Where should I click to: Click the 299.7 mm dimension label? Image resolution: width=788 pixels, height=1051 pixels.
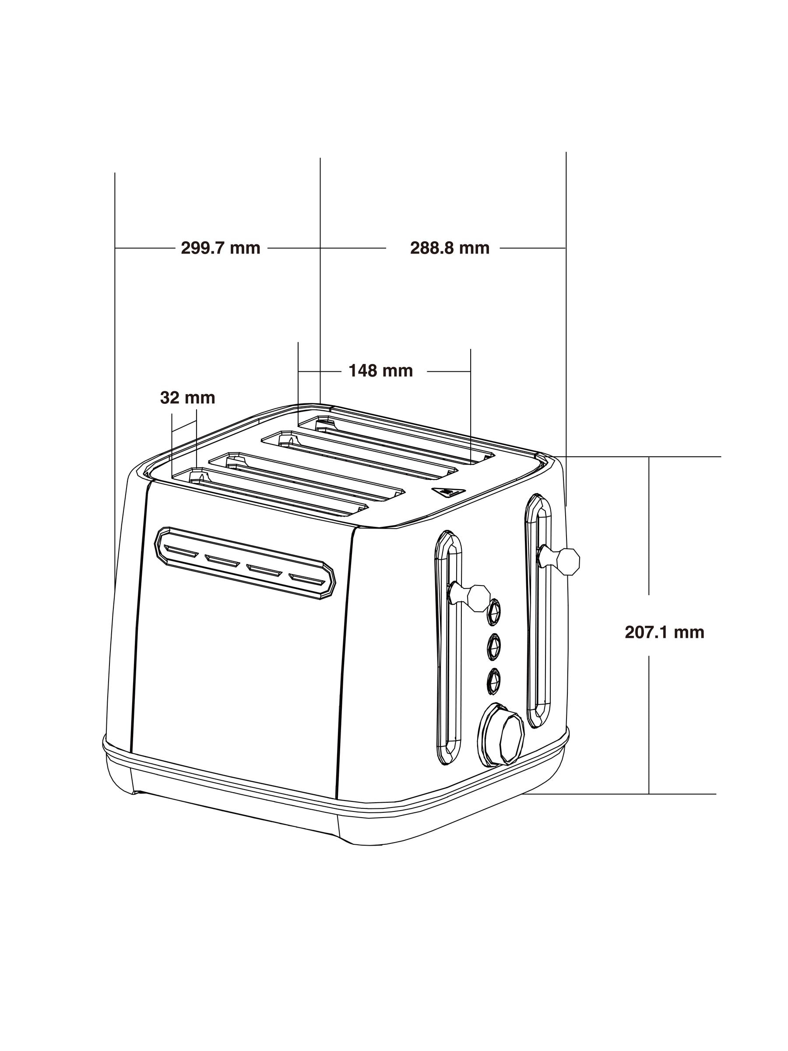[220, 248]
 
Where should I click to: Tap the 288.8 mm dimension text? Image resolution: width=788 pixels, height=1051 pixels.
[449, 248]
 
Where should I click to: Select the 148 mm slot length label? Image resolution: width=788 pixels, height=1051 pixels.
[380, 370]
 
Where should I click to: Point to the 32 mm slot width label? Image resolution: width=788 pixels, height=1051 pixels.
[188, 398]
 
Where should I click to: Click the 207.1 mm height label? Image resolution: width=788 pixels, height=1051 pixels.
[664, 632]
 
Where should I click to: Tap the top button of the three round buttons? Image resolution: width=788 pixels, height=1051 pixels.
[494, 611]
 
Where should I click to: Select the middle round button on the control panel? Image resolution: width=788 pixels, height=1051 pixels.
[494, 647]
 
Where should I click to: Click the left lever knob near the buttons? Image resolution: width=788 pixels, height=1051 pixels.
[478, 598]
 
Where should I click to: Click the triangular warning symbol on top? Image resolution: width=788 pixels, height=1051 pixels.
[447, 492]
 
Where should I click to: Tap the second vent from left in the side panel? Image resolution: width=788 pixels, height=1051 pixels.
[223, 561]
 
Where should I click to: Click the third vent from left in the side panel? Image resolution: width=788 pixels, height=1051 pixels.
[264, 570]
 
